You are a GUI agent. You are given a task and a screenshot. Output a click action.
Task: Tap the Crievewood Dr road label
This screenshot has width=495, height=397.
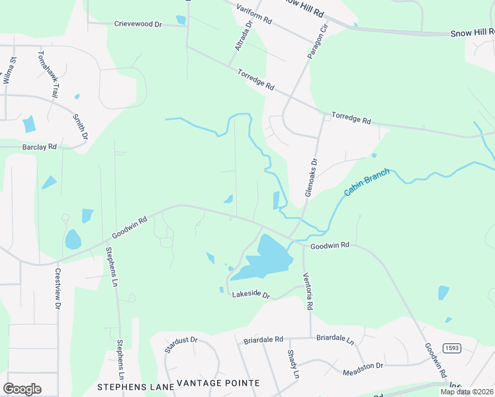[138, 24]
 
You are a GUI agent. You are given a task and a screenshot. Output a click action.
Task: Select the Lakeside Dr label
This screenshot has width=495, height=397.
[251, 295]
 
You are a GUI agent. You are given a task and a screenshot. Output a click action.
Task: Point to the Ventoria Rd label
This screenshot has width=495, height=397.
[308, 291]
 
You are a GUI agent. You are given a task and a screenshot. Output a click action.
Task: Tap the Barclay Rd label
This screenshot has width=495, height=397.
[39, 146]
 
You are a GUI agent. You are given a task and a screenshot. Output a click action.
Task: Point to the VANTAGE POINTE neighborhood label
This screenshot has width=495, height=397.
[218, 384]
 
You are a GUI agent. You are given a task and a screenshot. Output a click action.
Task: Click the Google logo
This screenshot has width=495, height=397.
[22, 388]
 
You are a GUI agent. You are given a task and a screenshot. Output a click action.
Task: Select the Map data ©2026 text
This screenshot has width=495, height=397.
[467, 392]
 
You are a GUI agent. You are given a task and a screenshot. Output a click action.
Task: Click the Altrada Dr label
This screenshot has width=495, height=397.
[244, 36]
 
